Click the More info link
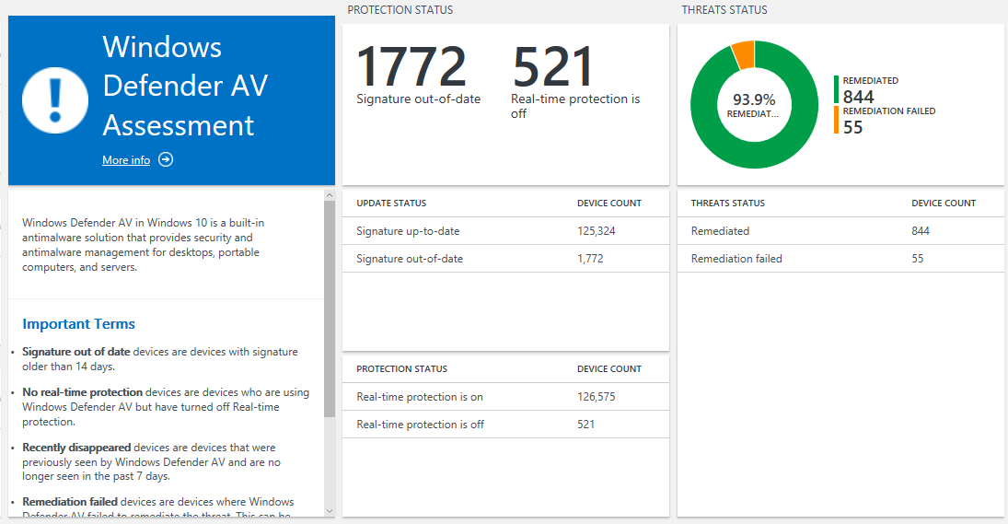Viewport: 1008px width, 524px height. click(126, 160)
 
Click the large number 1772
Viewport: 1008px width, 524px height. click(411, 66)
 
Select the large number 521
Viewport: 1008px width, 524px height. click(553, 66)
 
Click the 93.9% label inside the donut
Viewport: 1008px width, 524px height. click(754, 99)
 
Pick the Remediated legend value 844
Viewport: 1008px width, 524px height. click(858, 97)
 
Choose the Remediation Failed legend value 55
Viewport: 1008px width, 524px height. click(852, 127)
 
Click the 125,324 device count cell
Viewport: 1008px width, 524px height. click(596, 231)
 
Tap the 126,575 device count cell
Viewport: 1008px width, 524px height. click(596, 397)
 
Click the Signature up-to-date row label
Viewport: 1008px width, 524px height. click(408, 231)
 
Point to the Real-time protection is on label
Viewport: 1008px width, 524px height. click(419, 397)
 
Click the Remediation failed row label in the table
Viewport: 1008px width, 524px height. click(736, 259)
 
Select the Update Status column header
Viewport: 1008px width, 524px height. click(391, 204)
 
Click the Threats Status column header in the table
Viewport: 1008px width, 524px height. click(727, 204)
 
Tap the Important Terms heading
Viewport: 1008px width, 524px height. click(78, 324)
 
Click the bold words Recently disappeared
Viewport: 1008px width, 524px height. click(76, 447)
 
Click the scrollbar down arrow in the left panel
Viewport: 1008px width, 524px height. click(330, 510)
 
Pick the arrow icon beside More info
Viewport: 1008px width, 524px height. click(166, 160)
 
